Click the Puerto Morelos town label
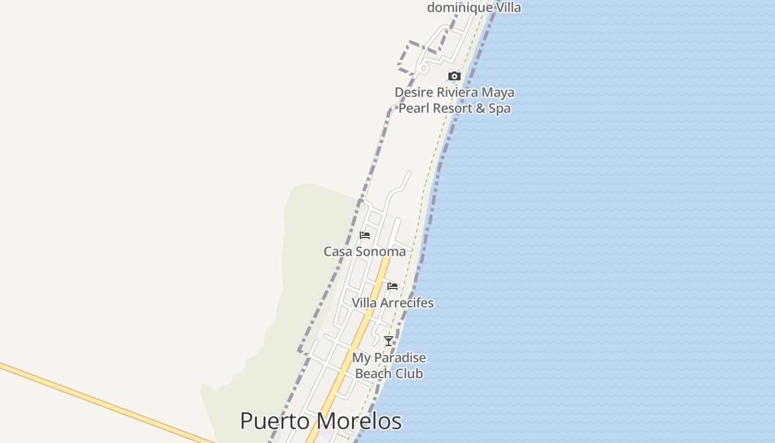pyautogui.click(x=321, y=421)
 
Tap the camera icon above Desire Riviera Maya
pyautogui.click(x=454, y=76)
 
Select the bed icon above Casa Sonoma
pyautogui.click(x=365, y=235)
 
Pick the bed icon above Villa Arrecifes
pyautogui.click(x=392, y=286)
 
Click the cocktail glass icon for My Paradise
pyautogui.click(x=389, y=341)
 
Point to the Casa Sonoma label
pyautogui.click(x=364, y=251)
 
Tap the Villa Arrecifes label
pyautogui.click(x=392, y=303)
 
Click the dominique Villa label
pyautogui.click(x=474, y=7)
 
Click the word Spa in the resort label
pyautogui.click(x=499, y=109)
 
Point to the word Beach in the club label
pyautogui.click(x=374, y=374)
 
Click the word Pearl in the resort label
pyautogui.click(x=414, y=109)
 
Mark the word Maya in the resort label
pyautogui.click(x=499, y=92)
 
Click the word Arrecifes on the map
pyautogui.click(x=407, y=303)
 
